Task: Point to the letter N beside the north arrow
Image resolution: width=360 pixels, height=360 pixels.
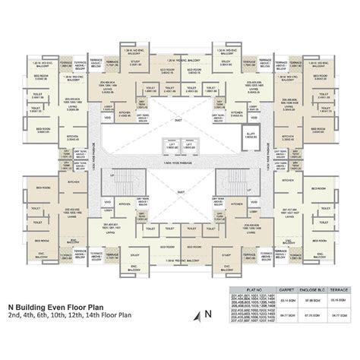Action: pos(206,313)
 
